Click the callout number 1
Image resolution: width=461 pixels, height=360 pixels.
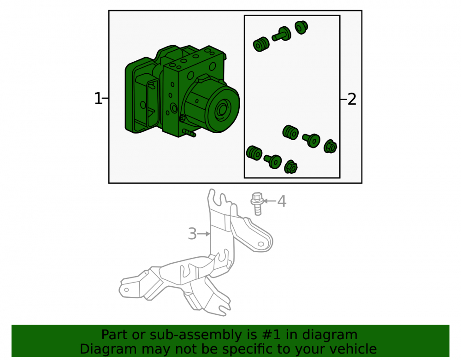(x=98, y=99)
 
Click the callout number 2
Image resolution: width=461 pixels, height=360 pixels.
(x=352, y=99)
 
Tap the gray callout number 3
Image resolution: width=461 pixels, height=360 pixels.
(x=192, y=234)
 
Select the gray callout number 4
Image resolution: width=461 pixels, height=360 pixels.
(x=282, y=201)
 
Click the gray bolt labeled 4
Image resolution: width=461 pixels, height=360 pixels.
(x=257, y=204)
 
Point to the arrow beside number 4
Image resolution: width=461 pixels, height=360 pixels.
(x=269, y=201)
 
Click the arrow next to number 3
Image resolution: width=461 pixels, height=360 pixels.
(x=204, y=234)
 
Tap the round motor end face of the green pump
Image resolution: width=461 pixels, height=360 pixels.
(x=223, y=109)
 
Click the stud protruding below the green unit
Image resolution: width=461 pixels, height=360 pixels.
(x=189, y=133)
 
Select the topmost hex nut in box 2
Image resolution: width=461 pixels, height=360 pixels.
(x=301, y=27)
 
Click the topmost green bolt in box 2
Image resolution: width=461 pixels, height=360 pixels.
(x=282, y=34)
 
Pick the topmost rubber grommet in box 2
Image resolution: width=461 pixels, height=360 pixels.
(x=261, y=44)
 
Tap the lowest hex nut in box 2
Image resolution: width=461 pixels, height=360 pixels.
(x=290, y=167)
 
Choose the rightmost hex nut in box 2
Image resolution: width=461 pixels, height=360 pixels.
(x=330, y=147)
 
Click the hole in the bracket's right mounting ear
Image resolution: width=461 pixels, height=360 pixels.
(x=260, y=244)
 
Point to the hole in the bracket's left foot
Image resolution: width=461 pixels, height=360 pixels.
(x=126, y=290)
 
